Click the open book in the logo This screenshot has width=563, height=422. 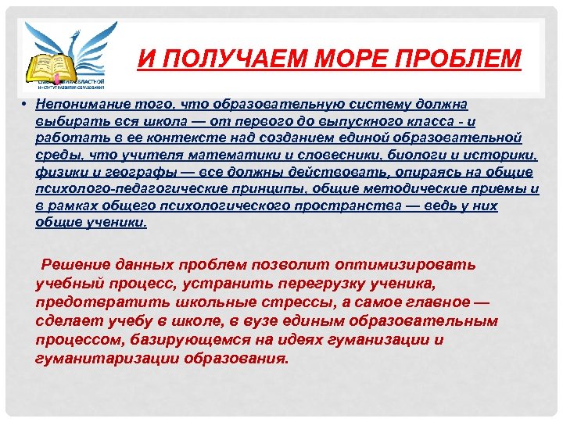(48, 66)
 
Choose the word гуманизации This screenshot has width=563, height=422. (371, 339)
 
